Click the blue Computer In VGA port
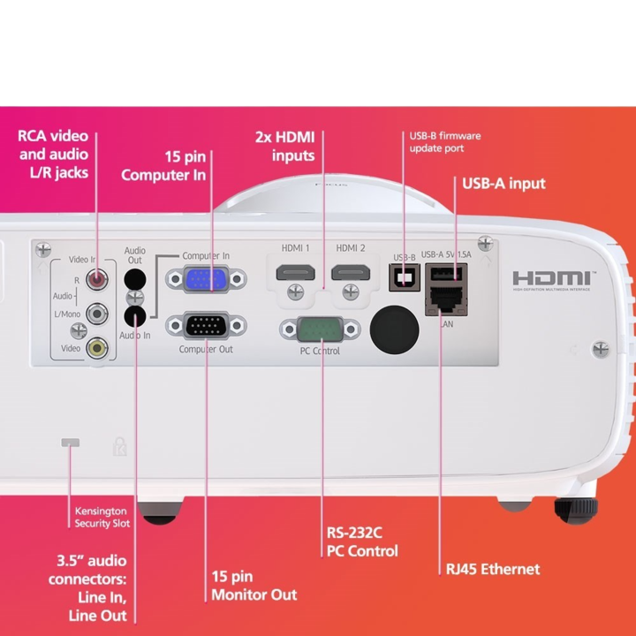tap(207, 280)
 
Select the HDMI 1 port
tap(296, 273)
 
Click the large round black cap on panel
tap(393, 328)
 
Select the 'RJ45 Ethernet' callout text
tap(493, 569)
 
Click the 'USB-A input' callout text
tap(503, 184)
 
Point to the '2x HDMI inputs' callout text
tap(284, 147)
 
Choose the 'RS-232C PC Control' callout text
tap(362, 542)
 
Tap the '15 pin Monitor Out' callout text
tap(254, 585)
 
